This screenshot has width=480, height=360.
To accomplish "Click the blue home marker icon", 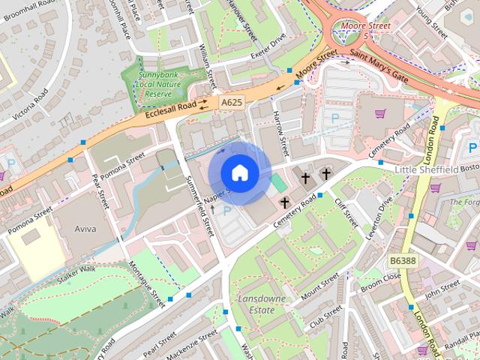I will [239, 172].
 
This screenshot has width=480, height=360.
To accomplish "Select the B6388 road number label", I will [403, 260].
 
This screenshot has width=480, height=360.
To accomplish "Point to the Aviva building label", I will [85, 229].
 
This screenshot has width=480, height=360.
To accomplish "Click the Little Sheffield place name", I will [425, 171].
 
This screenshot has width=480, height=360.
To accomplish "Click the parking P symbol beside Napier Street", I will [227, 212].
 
